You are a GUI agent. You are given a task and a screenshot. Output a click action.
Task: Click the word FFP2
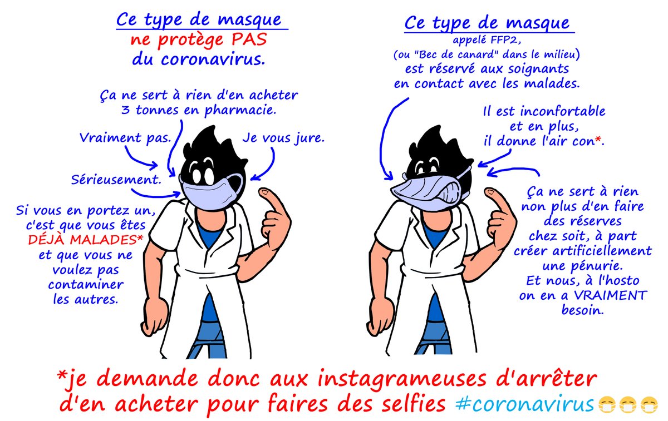pos(498,40)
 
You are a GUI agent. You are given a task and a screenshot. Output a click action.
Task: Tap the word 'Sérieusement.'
pos(116,179)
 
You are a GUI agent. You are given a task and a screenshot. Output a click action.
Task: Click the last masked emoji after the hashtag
pos(649,405)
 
